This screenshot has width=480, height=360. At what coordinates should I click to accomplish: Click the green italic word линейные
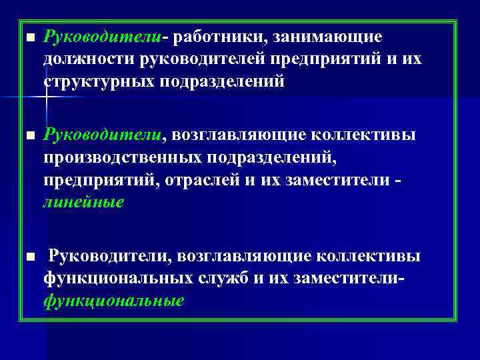coord(83,202)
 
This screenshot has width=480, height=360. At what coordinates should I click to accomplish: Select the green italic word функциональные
coord(113,300)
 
